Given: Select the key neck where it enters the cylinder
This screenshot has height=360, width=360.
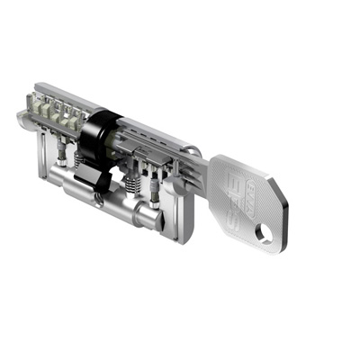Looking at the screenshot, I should pos(200,168).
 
